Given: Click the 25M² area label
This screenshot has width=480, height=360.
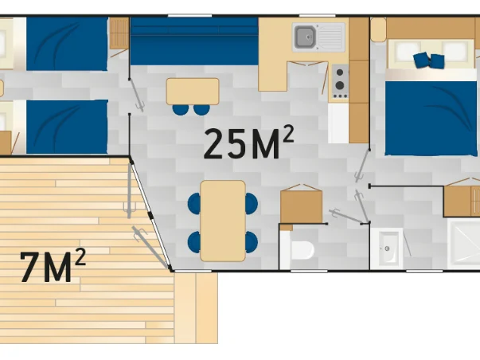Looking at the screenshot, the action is (x=248, y=143).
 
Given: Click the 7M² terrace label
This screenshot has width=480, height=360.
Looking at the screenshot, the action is (x=53, y=266).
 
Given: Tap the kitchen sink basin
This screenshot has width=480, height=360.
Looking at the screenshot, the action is (x=305, y=37).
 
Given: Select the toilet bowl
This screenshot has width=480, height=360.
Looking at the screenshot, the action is (x=302, y=250).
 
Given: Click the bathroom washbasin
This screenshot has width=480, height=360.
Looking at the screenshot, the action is (x=388, y=248).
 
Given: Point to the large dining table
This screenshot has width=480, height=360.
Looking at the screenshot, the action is (x=223, y=221).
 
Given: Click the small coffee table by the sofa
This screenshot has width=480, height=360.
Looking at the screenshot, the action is (x=193, y=92).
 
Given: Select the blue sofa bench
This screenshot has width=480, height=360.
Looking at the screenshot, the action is (x=194, y=41).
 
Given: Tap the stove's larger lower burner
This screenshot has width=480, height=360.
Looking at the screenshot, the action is (x=340, y=85).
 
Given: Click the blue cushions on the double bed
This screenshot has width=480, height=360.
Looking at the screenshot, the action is (x=428, y=60).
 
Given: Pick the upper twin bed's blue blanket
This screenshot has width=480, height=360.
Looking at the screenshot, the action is (x=67, y=44).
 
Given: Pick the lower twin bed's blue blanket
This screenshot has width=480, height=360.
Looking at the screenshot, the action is (x=67, y=127).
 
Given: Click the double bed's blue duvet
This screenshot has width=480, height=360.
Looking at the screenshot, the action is (x=431, y=118).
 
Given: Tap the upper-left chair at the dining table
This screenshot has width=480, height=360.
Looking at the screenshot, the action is (x=194, y=203).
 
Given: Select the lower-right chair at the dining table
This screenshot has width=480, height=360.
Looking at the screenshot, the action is (x=252, y=242).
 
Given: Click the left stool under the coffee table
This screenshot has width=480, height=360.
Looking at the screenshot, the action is (x=181, y=110).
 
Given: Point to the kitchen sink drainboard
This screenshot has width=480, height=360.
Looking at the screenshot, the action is (x=330, y=37).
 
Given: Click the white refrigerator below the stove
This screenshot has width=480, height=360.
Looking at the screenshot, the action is (x=338, y=123).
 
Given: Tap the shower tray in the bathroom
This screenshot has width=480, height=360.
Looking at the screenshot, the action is (x=463, y=244).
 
